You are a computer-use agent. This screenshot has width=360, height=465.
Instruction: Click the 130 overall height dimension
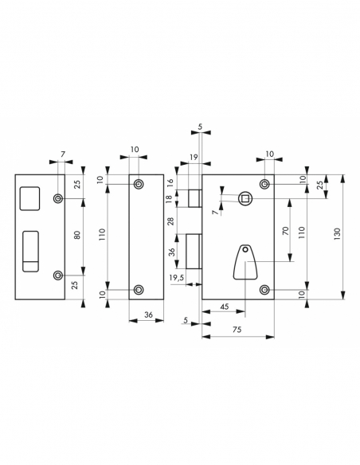tap(337, 233)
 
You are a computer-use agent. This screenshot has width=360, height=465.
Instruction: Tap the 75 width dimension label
tap(237, 330)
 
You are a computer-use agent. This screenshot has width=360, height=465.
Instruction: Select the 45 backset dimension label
tap(225, 307)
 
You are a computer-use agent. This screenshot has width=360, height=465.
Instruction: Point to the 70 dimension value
tap(285, 230)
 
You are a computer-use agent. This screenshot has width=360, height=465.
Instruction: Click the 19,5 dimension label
tap(177, 278)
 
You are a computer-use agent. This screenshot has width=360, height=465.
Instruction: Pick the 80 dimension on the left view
tap(76, 235)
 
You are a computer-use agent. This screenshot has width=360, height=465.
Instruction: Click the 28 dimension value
tap(170, 221)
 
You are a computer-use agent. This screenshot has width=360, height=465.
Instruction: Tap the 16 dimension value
tap(170, 183)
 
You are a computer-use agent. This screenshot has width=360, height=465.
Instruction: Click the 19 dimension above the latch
tap(194, 157)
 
